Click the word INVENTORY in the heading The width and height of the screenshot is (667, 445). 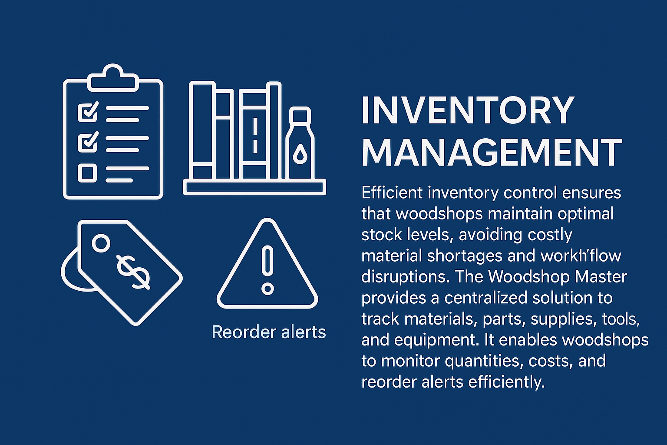coord(468,110)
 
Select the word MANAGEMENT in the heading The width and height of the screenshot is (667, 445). coord(492,152)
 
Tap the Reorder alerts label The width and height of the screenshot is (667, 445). coord(269,332)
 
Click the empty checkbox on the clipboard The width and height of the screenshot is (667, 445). coord(87,173)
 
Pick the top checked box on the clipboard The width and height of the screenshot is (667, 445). coord(88,112)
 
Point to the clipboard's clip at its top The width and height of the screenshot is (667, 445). coord(113,78)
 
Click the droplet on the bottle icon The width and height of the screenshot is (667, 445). coord(300,154)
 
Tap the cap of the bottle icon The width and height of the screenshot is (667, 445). coord(300,114)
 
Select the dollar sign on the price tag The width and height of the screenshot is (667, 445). coord(133,272)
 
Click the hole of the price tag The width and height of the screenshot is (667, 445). coord(101,243)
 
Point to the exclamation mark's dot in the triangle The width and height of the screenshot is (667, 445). coord(267,289)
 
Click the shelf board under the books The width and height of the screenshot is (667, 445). coord(254,187)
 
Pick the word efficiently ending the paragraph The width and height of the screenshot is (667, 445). coord(506,382)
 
